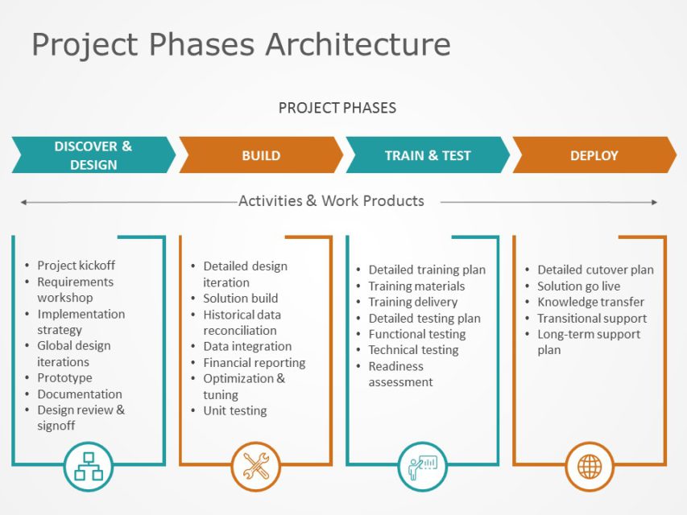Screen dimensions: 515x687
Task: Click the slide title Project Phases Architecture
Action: click(x=241, y=44)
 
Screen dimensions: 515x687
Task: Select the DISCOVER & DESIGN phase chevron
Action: click(x=93, y=155)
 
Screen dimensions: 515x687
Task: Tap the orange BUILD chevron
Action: click(x=261, y=155)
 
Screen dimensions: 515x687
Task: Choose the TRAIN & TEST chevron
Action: click(x=428, y=155)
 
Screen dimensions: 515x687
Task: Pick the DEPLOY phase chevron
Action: click(x=594, y=155)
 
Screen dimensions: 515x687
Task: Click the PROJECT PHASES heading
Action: click(x=337, y=108)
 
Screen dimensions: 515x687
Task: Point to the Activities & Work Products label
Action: click(x=331, y=201)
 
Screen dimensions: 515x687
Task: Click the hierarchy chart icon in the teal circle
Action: click(x=89, y=467)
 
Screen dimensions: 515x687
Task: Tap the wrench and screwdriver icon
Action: click(x=256, y=467)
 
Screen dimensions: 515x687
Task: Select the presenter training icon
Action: click(x=422, y=467)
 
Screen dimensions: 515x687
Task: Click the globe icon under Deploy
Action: click(x=589, y=467)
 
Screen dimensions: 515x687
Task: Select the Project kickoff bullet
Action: click(x=76, y=266)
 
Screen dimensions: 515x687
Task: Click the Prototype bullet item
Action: click(x=64, y=378)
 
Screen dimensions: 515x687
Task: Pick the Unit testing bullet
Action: click(x=234, y=410)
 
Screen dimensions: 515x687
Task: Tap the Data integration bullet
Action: click(x=247, y=347)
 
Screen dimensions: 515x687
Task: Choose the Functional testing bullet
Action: click(x=416, y=334)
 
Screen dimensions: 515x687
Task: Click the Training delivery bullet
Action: click(x=412, y=302)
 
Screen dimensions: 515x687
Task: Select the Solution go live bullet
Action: click(x=578, y=286)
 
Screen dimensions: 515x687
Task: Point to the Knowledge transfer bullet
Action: click(x=590, y=302)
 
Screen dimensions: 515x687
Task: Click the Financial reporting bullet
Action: click(x=254, y=363)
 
